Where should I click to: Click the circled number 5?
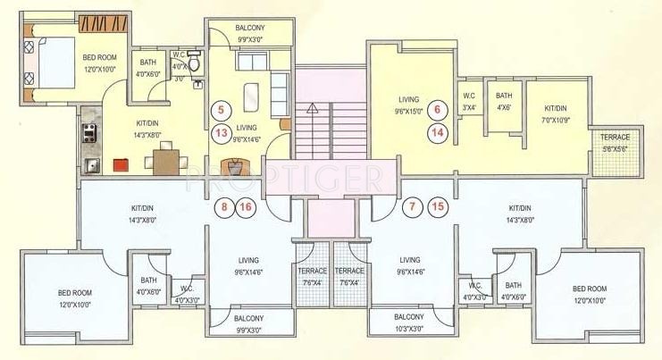[x=221, y=111]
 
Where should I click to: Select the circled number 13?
[x=221, y=134]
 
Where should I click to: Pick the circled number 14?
[x=436, y=133]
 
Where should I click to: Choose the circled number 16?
[x=247, y=207]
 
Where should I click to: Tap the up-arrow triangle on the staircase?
[x=312, y=109]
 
